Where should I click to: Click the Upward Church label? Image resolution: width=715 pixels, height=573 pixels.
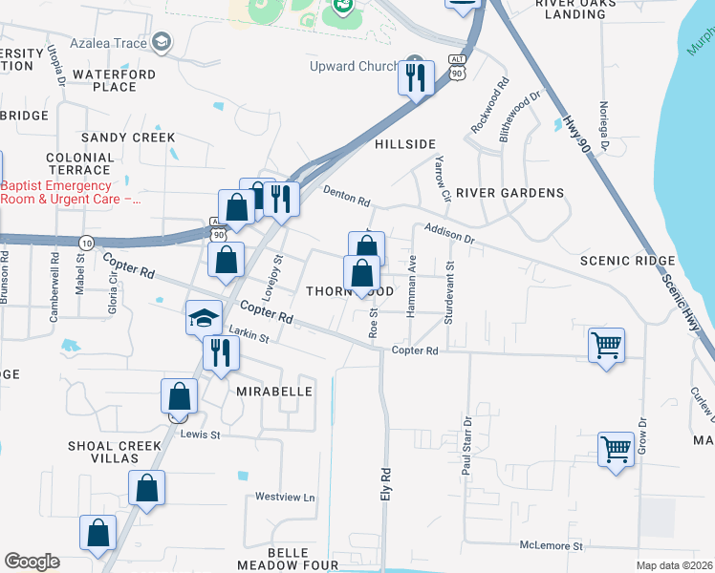click(x=354, y=66)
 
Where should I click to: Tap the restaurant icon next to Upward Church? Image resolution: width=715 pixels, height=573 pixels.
click(x=416, y=77)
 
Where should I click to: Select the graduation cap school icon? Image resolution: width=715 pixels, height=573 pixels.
click(x=204, y=317)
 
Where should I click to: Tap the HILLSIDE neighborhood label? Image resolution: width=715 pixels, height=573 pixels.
click(x=404, y=143)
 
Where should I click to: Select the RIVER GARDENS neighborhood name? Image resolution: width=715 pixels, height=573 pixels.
click(x=509, y=193)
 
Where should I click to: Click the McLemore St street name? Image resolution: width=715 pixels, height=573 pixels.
click(x=551, y=545)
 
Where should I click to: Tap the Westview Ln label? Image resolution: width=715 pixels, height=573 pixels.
click(x=284, y=498)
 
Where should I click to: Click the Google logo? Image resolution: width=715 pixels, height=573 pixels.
click(x=32, y=562)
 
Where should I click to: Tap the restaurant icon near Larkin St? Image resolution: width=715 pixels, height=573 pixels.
click(x=221, y=352)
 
